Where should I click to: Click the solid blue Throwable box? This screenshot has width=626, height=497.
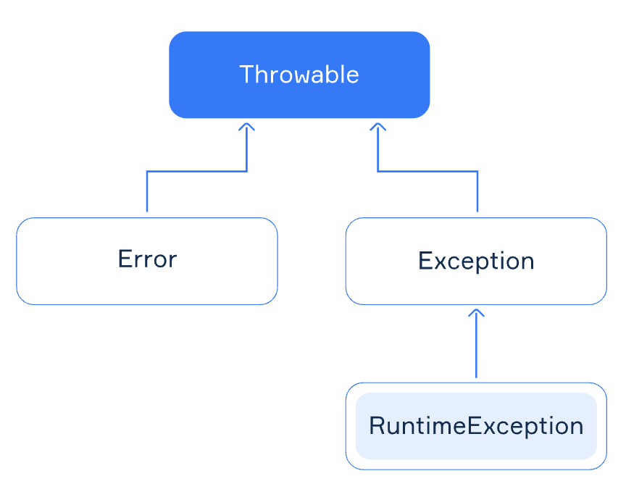point(299,75)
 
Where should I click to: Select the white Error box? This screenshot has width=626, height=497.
point(147,261)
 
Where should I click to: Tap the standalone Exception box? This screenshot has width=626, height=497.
point(476,261)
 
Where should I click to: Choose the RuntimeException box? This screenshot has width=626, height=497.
point(476,426)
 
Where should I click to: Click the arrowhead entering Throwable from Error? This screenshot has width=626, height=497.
point(247,127)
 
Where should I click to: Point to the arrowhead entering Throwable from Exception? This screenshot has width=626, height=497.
point(377,127)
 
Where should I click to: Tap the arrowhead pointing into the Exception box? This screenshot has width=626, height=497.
point(476,313)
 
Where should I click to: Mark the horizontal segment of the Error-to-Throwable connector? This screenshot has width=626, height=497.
point(197,172)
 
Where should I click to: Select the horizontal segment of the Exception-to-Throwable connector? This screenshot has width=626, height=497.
point(427,172)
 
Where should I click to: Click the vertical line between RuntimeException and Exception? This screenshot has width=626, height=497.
point(476,343)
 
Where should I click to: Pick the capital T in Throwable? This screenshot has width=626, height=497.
point(247,74)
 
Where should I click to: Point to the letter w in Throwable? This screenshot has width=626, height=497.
point(298,76)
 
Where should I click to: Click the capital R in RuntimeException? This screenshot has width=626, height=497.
point(377,425)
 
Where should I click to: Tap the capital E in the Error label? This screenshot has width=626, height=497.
point(125,259)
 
